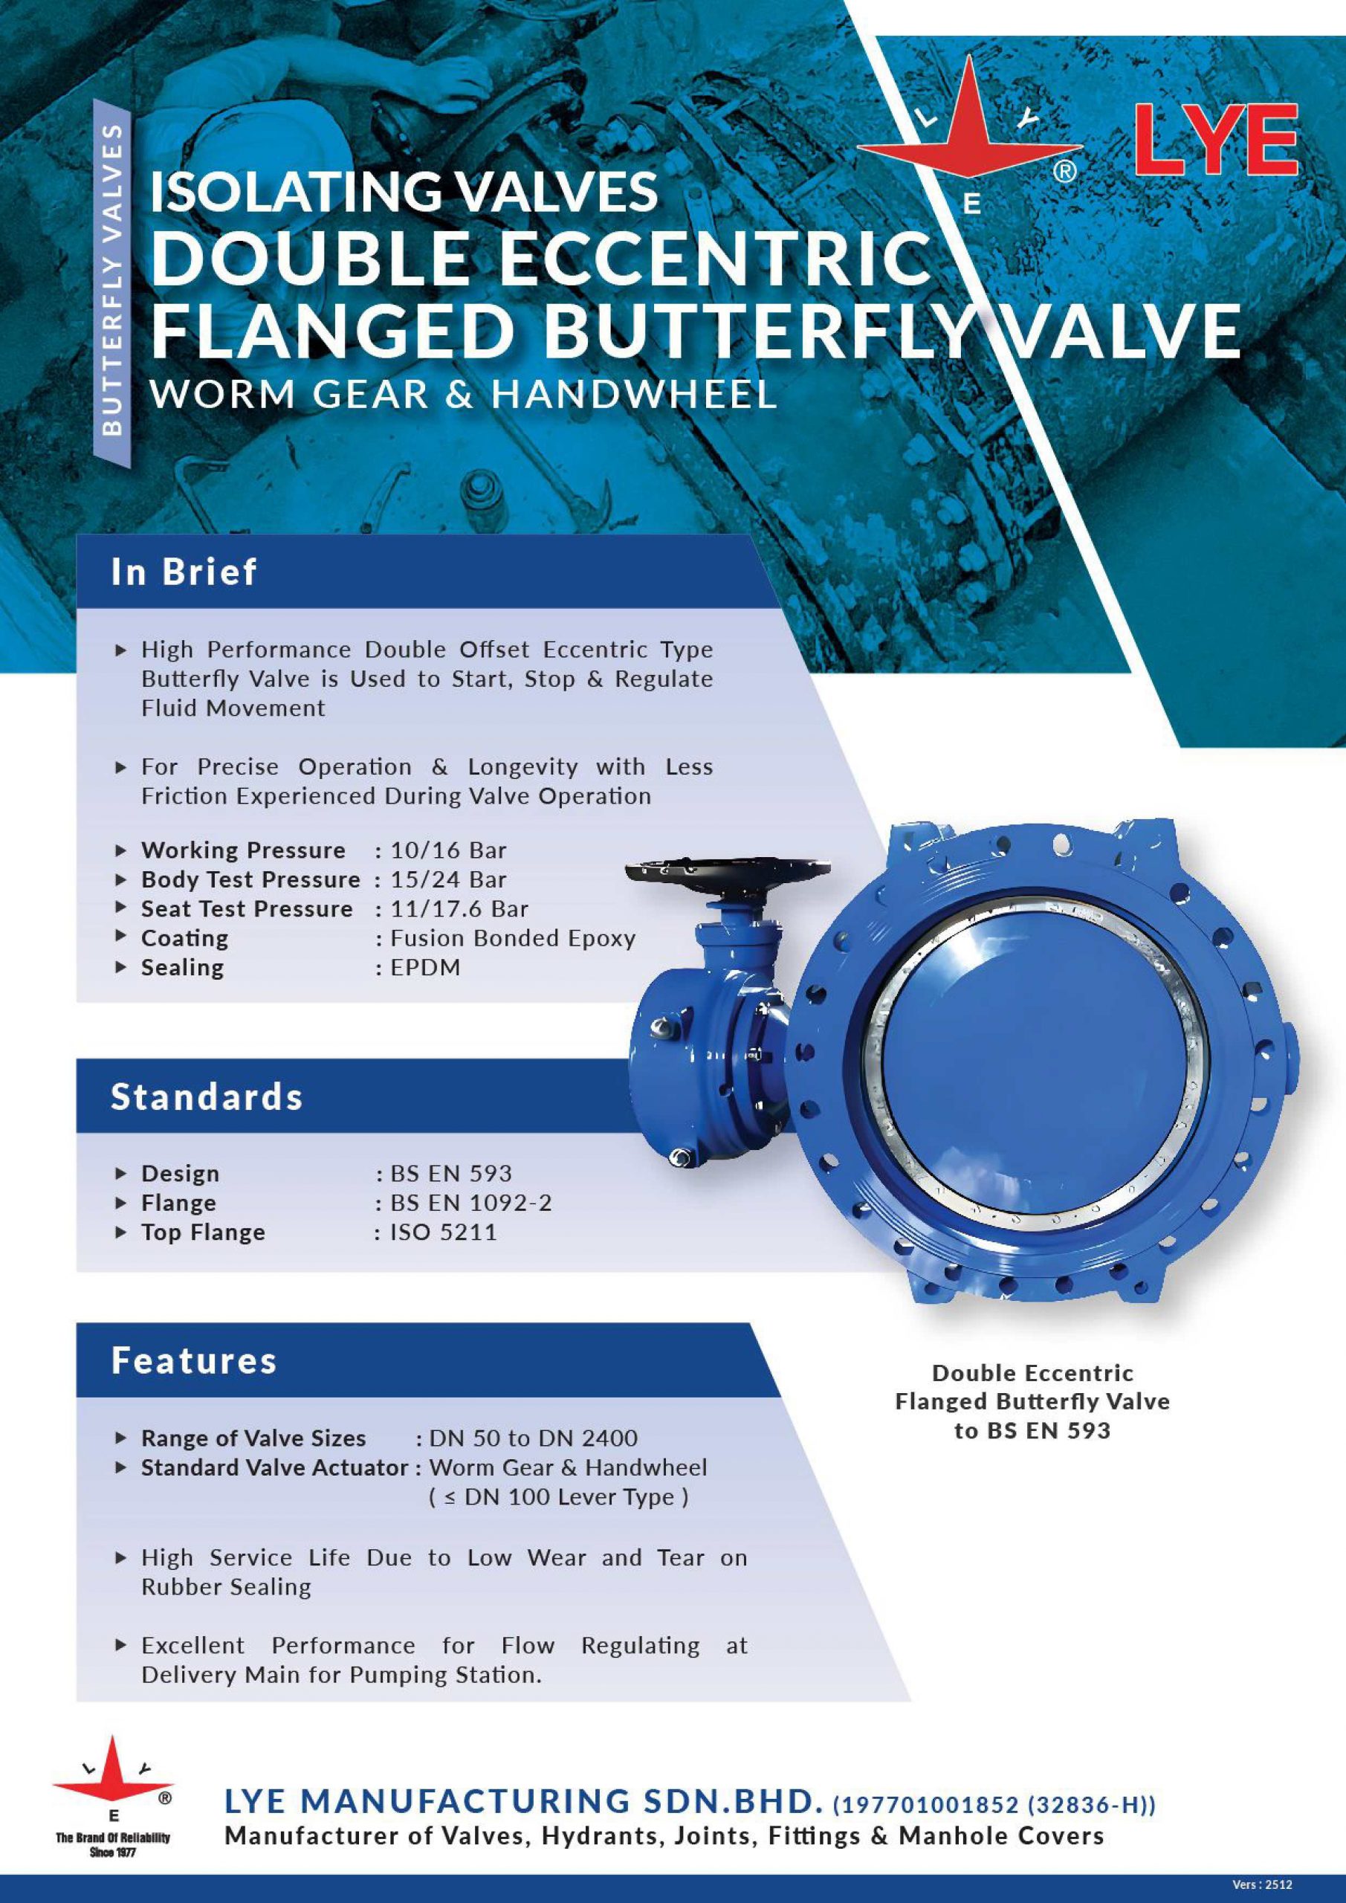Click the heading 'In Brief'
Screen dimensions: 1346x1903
[x=184, y=572]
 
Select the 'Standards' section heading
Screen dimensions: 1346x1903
[x=207, y=1096]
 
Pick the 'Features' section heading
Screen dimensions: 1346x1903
[x=194, y=1360]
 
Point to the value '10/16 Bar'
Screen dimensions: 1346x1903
[x=447, y=850]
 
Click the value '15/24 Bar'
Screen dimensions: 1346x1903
[x=447, y=879]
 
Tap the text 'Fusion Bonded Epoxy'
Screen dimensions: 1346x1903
[x=513, y=938]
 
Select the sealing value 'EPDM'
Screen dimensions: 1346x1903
[x=425, y=967]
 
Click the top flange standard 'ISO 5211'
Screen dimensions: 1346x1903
[x=444, y=1232]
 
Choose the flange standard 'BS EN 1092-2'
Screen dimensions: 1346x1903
[x=470, y=1203]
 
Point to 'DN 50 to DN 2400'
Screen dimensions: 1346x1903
[x=534, y=1438]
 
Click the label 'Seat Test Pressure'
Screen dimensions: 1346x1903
[x=247, y=909]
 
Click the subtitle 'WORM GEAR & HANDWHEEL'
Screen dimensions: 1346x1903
[x=464, y=394]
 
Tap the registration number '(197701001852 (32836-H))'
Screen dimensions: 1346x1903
[x=994, y=1804]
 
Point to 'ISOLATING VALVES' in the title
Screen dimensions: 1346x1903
[x=404, y=190]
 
